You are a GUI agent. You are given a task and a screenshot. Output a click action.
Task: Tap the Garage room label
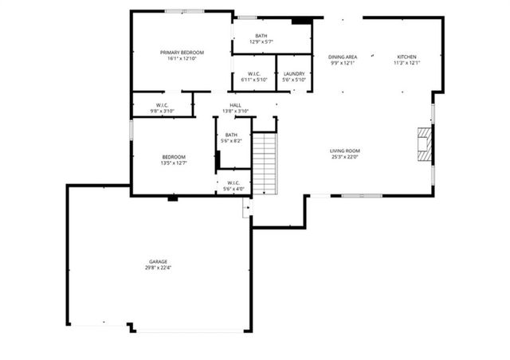(157, 261)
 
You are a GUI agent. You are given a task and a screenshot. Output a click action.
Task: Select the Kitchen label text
(407, 57)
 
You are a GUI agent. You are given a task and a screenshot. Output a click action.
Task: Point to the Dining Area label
(342, 57)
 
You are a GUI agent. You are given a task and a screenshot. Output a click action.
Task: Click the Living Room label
(345, 151)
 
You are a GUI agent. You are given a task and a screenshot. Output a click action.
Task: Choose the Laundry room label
(293, 73)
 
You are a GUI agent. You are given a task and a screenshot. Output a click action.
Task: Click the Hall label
(236, 105)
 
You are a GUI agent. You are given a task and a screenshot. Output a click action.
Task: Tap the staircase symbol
(265, 164)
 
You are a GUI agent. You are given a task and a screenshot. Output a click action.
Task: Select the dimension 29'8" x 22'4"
(157, 268)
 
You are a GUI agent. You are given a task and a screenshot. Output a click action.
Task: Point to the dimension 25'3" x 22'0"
(345, 157)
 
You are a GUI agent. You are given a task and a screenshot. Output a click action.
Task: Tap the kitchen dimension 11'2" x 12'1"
(407, 63)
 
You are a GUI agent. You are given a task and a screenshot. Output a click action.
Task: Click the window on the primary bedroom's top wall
(176, 13)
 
